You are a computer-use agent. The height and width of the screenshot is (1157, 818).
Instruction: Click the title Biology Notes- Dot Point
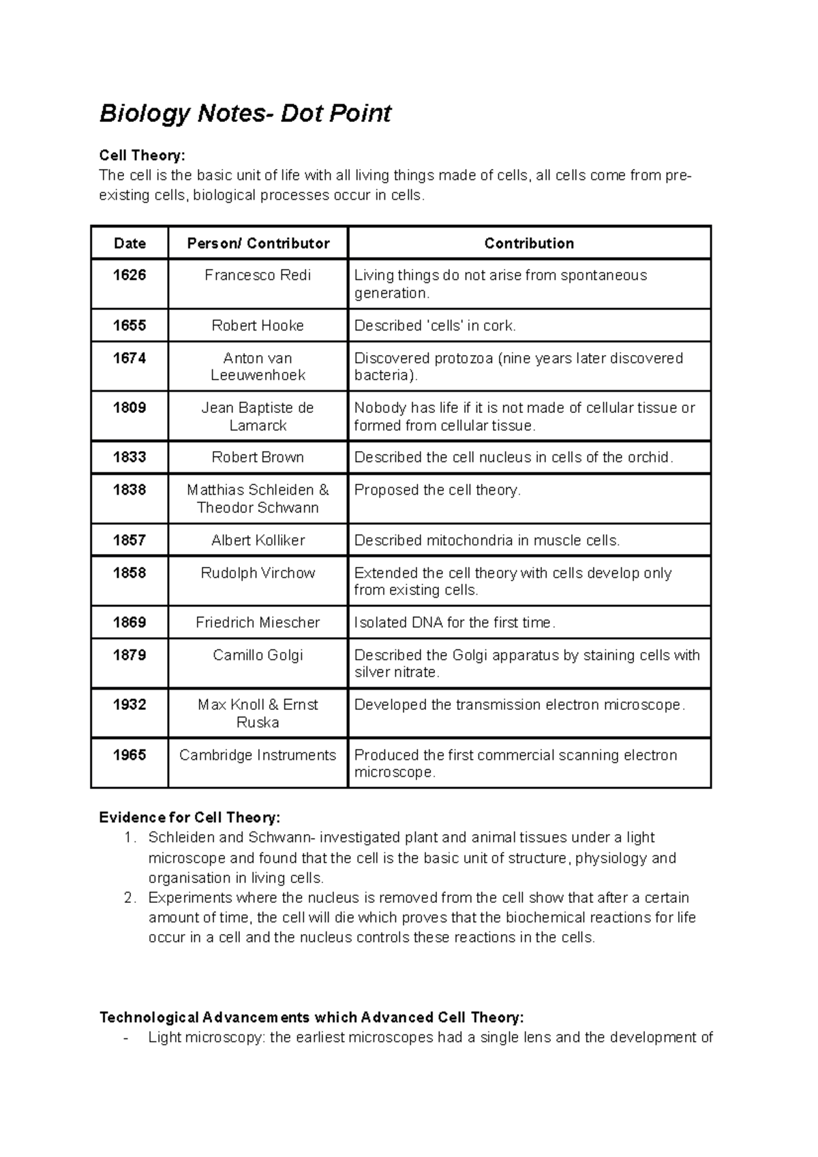(x=245, y=113)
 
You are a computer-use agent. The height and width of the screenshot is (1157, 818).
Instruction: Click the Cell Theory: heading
(x=142, y=155)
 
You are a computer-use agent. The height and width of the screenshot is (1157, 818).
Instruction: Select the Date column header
(x=130, y=243)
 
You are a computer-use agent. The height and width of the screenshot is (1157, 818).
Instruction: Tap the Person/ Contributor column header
(x=258, y=243)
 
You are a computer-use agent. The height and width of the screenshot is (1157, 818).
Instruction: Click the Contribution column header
(x=529, y=243)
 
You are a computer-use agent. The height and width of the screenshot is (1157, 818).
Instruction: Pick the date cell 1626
(x=130, y=275)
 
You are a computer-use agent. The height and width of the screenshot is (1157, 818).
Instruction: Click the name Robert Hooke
(x=258, y=326)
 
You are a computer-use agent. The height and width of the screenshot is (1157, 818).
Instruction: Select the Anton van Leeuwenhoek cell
(x=258, y=367)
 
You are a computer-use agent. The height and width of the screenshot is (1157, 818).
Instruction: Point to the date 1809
(x=130, y=407)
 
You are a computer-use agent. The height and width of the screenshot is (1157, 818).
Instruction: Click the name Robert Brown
(x=258, y=457)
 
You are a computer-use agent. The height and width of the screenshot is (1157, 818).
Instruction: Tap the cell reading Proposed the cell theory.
(x=437, y=490)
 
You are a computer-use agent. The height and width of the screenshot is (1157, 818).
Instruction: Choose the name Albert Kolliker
(x=258, y=540)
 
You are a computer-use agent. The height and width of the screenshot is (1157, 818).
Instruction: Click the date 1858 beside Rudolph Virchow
(x=130, y=573)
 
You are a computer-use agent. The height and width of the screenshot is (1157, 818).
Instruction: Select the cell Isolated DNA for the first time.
(x=455, y=622)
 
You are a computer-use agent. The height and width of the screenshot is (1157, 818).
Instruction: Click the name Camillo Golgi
(x=258, y=655)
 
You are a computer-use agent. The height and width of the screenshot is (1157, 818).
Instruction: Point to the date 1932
(x=130, y=705)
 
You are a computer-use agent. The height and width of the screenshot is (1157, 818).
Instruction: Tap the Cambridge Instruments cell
(x=258, y=755)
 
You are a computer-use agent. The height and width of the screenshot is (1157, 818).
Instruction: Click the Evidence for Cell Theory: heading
(x=190, y=817)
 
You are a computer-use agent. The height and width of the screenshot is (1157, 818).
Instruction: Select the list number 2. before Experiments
(x=131, y=897)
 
